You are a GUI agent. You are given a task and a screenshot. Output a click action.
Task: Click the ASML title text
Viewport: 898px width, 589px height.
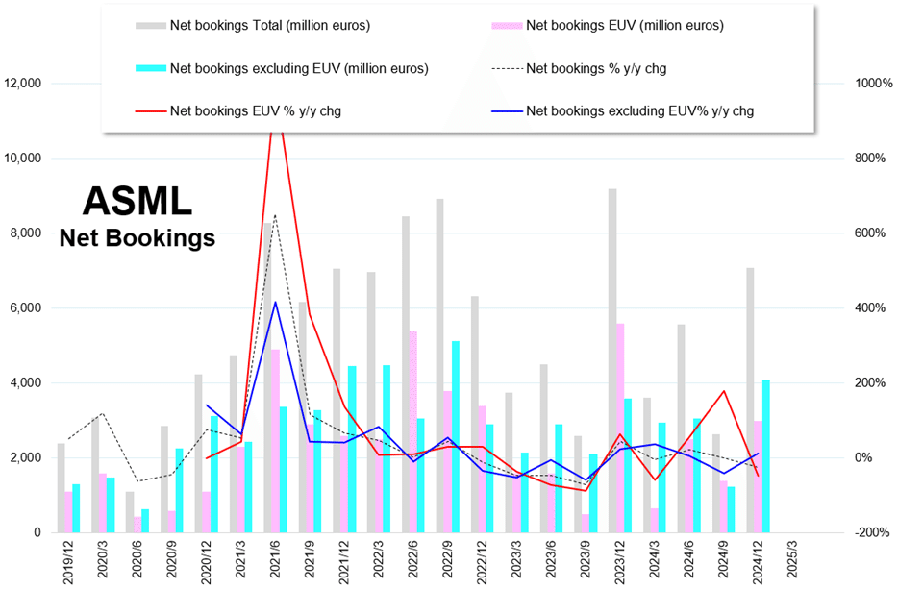(x=137, y=200)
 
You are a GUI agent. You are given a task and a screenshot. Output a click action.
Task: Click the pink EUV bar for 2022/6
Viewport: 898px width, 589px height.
(x=413, y=431)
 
